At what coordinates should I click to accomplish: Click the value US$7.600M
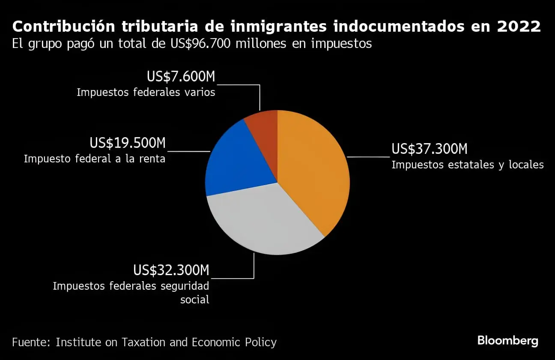pyautogui.click(x=181, y=76)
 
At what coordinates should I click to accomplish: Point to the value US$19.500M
pyautogui.click(x=128, y=143)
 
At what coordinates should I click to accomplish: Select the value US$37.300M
pyautogui.click(x=430, y=149)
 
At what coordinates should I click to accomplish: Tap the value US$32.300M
pyautogui.click(x=171, y=270)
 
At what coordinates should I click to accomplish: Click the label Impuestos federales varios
pyautogui.click(x=146, y=92)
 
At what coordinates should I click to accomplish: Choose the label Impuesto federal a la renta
pyautogui.click(x=95, y=159)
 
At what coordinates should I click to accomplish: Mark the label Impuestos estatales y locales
pyautogui.click(x=468, y=165)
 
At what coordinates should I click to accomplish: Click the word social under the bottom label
pyautogui.click(x=195, y=300)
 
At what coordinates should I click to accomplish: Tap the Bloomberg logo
pyautogui.click(x=508, y=341)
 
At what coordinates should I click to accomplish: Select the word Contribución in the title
pyautogui.click(x=63, y=27)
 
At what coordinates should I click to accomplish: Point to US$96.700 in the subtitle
pyautogui.click(x=200, y=44)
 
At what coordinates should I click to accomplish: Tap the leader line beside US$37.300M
pyautogui.click(x=368, y=157)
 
